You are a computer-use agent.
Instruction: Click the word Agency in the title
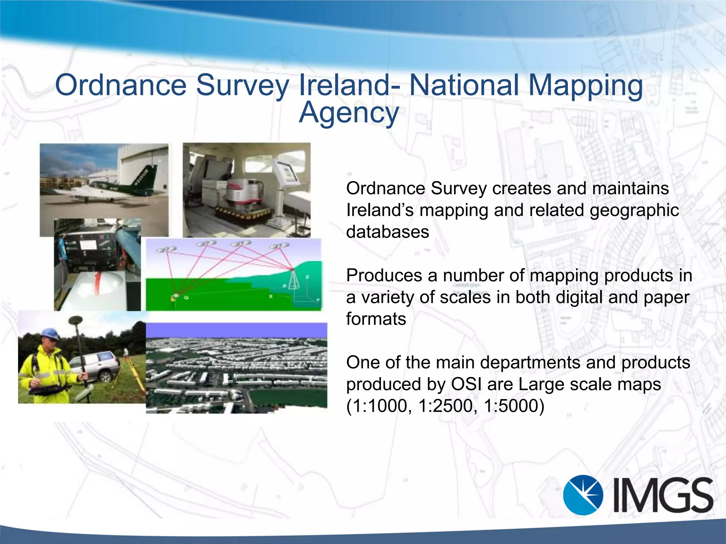click(349, 113)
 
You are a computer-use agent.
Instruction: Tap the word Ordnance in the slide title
click(121, 85)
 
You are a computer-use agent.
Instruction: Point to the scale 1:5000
click(513, 406)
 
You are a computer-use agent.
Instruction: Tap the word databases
click(387, 232)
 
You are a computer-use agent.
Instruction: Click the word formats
click(376, 319)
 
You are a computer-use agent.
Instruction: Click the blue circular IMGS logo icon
click(583, 494)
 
